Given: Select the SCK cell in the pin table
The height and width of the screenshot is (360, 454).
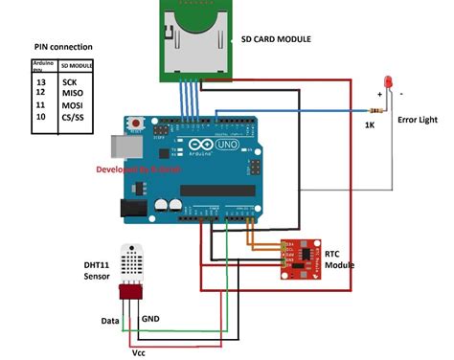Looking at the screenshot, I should (70, 81).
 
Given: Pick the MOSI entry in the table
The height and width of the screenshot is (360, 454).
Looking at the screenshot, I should (72, 103).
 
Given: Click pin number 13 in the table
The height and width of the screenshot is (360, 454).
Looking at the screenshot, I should (40, 81).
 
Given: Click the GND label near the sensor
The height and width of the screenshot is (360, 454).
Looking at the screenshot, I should (151, 317).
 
